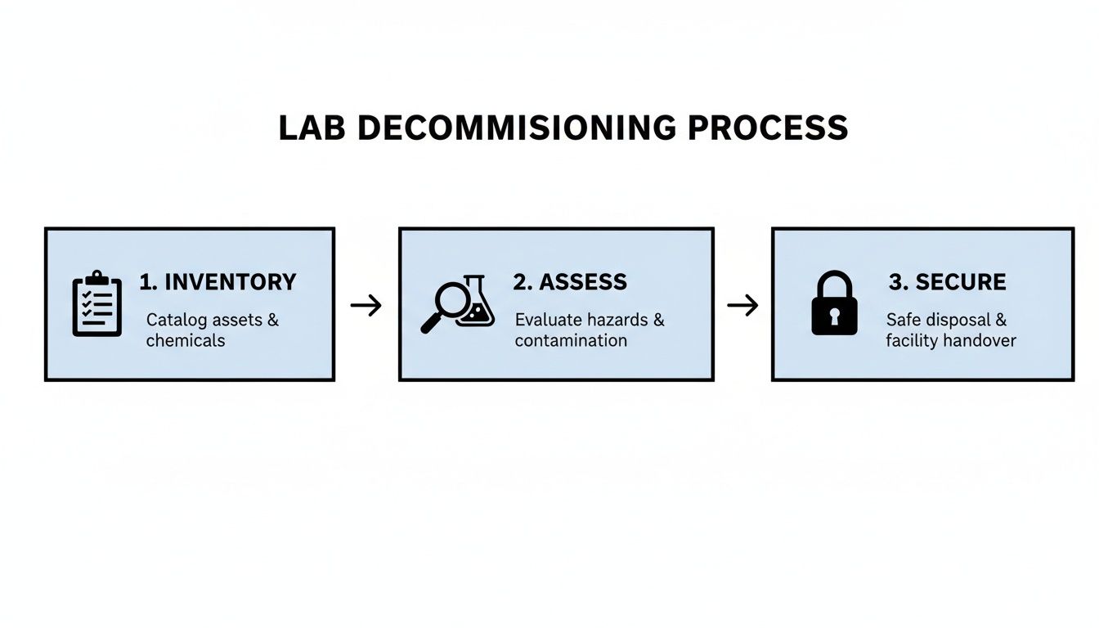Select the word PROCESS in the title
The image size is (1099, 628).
(x=768, y=128)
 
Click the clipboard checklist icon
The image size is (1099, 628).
(x=96, y=304)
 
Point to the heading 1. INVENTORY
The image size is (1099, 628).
(x=218, y=282)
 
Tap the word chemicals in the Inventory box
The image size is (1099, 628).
(x=185, y=340)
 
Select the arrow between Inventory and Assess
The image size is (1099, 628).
(x=366, y=306)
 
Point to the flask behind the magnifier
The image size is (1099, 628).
(x=477, y=304)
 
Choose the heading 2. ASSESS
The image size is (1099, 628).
(x=570, y=282)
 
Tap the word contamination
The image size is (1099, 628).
(x=571, y=340)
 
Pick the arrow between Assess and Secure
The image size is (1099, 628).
(x=742, y=306)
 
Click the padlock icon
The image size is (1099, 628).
(x=834, y=304)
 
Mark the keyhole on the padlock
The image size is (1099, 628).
(x=834, y=316)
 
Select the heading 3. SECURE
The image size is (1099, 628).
(x=947, y=282)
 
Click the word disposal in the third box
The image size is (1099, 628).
(x=957, y=320)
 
